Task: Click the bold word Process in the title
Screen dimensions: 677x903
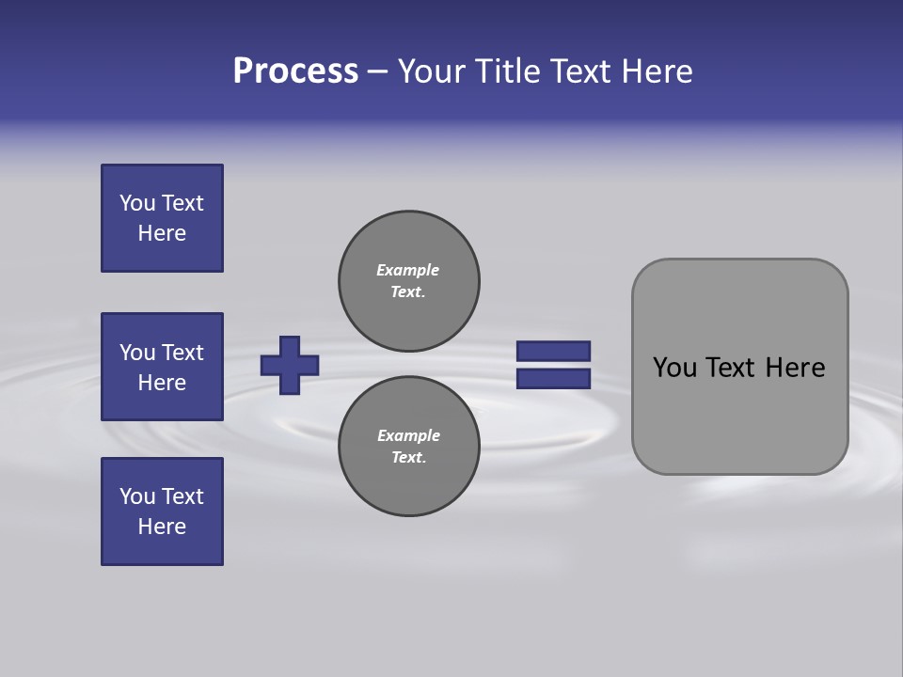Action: coord(295,71)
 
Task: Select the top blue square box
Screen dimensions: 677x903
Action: coord(162,218)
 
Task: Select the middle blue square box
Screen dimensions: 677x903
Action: coord(162,367)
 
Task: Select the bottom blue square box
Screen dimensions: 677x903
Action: coord(162,512)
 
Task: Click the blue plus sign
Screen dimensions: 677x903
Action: coord(290,365)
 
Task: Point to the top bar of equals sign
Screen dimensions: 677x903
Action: coord(553,351)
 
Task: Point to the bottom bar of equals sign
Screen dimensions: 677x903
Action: coord(553,379)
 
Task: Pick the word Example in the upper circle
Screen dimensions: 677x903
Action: coord(408,270)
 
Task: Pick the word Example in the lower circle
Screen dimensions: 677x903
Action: coord(408,435)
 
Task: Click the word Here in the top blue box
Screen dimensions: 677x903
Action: coord(162,233)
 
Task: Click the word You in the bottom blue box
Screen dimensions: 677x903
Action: coord(137,496)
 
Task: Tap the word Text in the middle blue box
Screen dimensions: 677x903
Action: coord(182,353)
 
